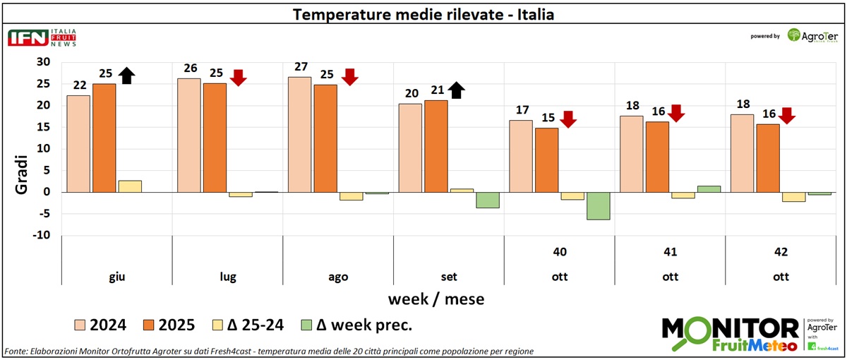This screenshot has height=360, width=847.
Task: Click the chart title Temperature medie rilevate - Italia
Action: [x=423, y=14]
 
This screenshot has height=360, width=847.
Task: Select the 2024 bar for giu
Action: [x=78, y=143]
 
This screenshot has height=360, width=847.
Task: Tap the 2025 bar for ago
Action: [x=325, y=138]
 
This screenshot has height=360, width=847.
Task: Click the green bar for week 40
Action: [x=599, y=205]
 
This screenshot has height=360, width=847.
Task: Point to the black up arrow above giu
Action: [x=126, y=75]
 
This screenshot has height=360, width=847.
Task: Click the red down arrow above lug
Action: [x=238, y=77]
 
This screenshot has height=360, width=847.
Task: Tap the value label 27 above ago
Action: [x=301, y=67]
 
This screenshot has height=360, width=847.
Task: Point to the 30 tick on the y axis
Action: [x=43, y=62]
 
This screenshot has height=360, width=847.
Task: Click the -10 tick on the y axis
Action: [x=41, y=235]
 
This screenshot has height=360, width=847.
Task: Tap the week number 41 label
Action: [x=670, y=252]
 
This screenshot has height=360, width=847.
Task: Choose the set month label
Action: [x=449, y=277]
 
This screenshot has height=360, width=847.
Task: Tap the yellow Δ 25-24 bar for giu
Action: [x=129, y=186]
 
